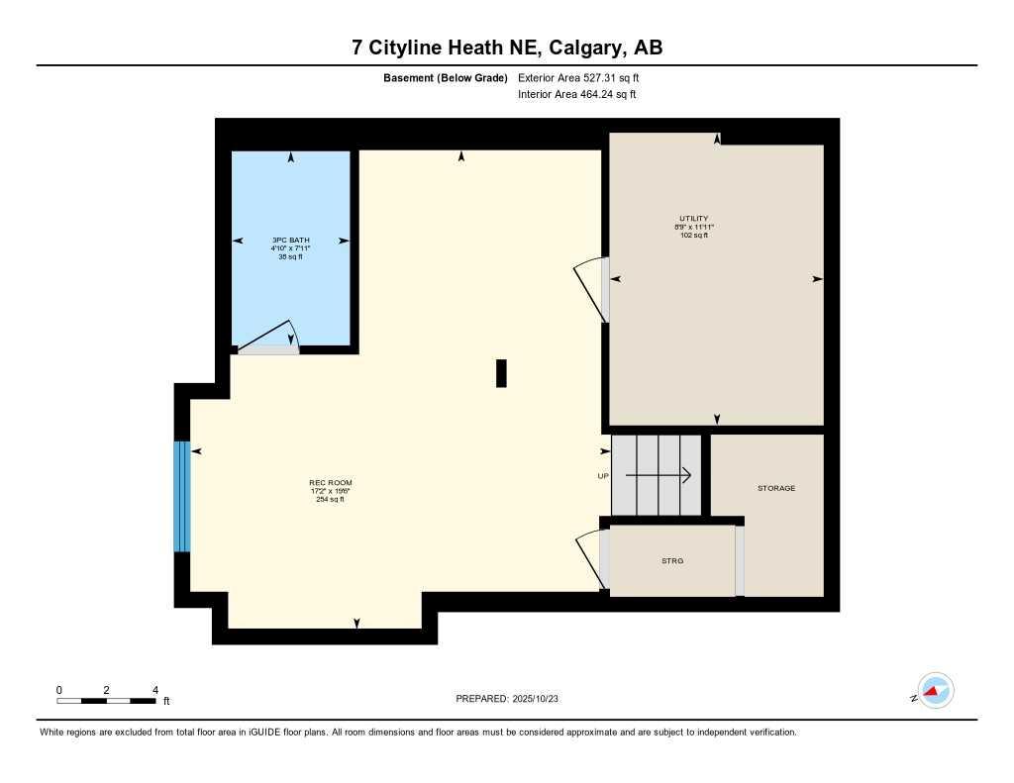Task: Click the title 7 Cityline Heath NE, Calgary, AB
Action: pyautogui.click(x=507, y=48)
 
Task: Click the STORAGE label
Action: pyautogui.click(x=775, y=488)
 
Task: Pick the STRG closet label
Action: pyautogui.click(x=672, y=561)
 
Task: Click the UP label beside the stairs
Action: pyautogui.click(x=603, y=476)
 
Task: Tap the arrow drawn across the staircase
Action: pyautogui.click(x=658, y=476)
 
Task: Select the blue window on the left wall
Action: pyautogui.click(x=181, y=496)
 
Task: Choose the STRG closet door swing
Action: pyautogui.click(x=590, y=560)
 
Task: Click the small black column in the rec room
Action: pyautogui.click(x=501, y=372)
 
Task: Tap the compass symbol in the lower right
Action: pyautogui.click(x=934, y=691)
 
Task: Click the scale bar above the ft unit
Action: pyautogui.click(x=106, y=701)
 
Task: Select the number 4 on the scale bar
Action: pyautogui.click(x=155, y=690)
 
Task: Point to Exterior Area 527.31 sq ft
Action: pyautogui.click(x=585, y=77)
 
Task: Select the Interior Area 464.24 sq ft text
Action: pyautogui.click(x=576, y=95)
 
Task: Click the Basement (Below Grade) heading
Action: pyautogui.click(x=445, y=77)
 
